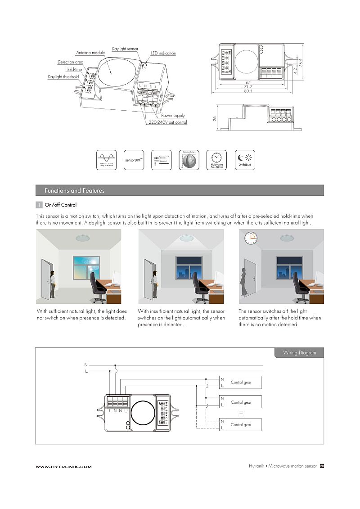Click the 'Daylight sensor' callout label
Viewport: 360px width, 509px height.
point(125,48)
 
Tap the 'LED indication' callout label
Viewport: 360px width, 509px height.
point(163,53)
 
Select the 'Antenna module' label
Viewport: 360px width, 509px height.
point(90,53)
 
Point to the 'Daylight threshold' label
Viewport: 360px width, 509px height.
point(63,77)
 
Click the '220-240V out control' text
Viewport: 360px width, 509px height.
point(168,122)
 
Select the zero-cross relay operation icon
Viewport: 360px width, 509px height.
point(106,160)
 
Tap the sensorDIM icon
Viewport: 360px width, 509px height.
point(134,160)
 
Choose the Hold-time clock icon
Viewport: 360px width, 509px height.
point(216,160)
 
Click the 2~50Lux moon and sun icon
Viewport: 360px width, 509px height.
point(245,160)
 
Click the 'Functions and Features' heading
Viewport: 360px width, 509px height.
point(74,190)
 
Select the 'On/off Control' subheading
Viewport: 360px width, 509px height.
point(61,205)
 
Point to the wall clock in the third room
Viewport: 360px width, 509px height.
point(250,238)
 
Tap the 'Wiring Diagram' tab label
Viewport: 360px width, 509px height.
point(299,353)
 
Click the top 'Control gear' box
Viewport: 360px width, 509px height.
point(240,383)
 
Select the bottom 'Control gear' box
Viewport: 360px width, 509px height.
point(240,425)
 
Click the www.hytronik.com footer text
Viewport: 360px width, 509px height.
point(63,467)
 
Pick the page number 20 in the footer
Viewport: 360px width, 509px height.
point(322,466)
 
